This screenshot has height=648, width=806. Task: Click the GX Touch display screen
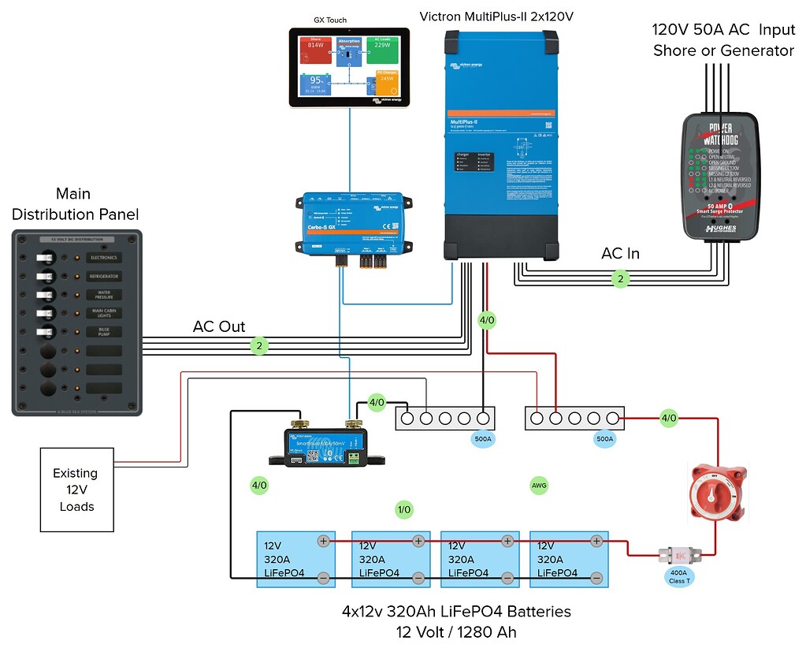[348, 67]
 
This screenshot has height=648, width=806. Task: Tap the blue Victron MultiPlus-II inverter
[501, 146]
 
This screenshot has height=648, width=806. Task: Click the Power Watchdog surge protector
[721, 175]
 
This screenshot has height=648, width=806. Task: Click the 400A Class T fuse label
[678, 577]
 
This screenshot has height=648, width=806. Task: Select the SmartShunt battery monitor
[329, 447]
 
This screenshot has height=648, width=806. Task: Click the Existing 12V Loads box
[76, 490]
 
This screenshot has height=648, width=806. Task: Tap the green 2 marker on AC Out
[258, 345]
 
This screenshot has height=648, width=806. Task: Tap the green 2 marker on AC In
[621, 278]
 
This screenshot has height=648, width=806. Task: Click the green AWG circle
[539, 486]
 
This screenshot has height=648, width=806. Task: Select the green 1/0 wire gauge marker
[404, 510]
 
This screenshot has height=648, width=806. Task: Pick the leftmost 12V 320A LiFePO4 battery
[296, 559]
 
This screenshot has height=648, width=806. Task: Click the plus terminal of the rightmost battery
[597, 540]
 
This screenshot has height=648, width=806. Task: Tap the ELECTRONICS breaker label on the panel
[104, 258]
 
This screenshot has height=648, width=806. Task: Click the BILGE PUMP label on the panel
[104, 332]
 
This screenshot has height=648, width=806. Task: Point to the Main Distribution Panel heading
[75, 203]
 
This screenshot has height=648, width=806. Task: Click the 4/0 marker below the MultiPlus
[487, 320]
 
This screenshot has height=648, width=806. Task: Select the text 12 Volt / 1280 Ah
[456, 631]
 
